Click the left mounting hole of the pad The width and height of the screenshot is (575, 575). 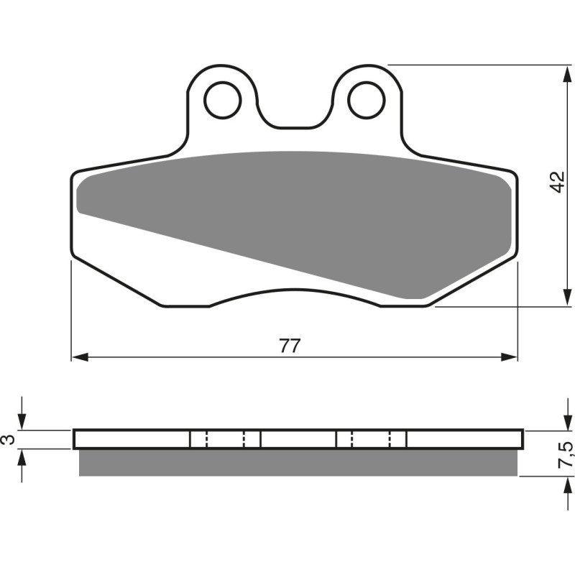(x=223, y=101)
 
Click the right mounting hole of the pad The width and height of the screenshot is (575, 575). (x=367, y=101)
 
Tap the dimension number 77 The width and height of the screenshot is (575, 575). (x=289, y=346)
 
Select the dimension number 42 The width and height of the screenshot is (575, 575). (x=558, y=183)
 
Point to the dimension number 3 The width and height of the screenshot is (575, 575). (x=9, y=439)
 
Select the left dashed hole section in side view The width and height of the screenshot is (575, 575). (x=225, y=439)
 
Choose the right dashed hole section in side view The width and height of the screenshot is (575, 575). (x=371, y=439)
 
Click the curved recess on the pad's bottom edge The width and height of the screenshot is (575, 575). (x=295, y=293)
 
